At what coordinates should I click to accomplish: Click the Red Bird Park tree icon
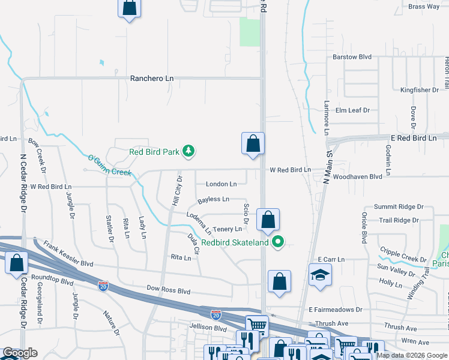pyautogui.click(x=188, y=151)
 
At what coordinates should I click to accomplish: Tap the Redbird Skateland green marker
pyautogui.click(x=277, y=242)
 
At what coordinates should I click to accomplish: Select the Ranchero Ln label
pyautogui.click(x=152, y=79)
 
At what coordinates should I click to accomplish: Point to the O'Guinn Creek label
pyautogui.click(x=109, y=166)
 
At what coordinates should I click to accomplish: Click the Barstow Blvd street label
pyautogui.click(x=352, y=57)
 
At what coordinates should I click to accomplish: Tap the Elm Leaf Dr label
pyautogui.click(x=352, y=110)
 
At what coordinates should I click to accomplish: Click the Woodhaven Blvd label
pyautogui.click(x=358, y=177)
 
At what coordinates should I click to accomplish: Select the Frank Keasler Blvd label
pyautogui.click(x=68, y=254)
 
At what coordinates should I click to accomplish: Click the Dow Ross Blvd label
pyautogui.click(x=168, y=290)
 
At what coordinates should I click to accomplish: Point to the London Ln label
pyautogui.click(x=221, y=184)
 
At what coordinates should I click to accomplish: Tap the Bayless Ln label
pyautogui.click(x=213, y=199)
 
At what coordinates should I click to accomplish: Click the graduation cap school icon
pyautogui.click(x=320, y=275)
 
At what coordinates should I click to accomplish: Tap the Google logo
pyautogui.click(x=20, y=353)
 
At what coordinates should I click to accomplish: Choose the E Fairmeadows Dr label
pyautogui.click(x=336, y=310)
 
